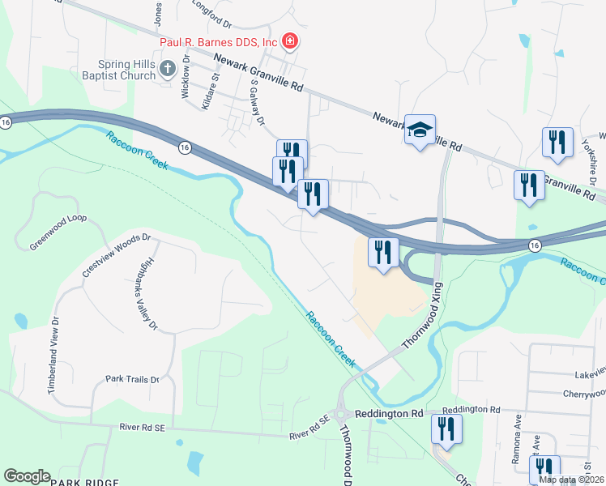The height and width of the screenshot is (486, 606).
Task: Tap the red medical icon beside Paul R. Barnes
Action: pyautogui.click(x=289, y=42)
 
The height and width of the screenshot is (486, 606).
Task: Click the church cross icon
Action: pyautogui.click(x=168, y=68)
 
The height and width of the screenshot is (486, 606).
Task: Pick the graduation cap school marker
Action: pyautogui.click(x=420, y=130)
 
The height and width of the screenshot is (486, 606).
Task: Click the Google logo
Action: pyautogui.click(x=27, y=476)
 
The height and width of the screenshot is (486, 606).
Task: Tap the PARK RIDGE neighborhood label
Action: pyautogui.click(x=85, y=482)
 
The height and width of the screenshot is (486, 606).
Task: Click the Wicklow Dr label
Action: pyautogui.click(x=186, y=77)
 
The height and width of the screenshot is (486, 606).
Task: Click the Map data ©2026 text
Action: pyautogui.click(x=570, y=480)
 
